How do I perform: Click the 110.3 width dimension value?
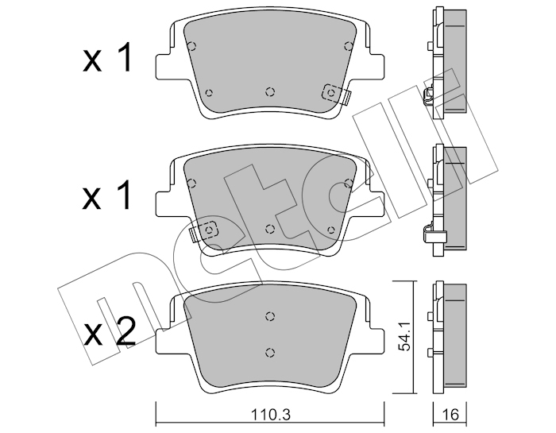tap(271, 414)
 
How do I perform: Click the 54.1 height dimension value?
tap(403, 336)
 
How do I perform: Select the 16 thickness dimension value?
tap(450, 414)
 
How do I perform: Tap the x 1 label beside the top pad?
tap(108, 57)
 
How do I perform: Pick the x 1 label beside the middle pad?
tap(108, 195)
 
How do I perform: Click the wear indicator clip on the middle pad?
tap(204, 231)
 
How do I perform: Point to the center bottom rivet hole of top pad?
tap(270, 92)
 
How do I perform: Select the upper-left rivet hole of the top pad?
tap(192, 46)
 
